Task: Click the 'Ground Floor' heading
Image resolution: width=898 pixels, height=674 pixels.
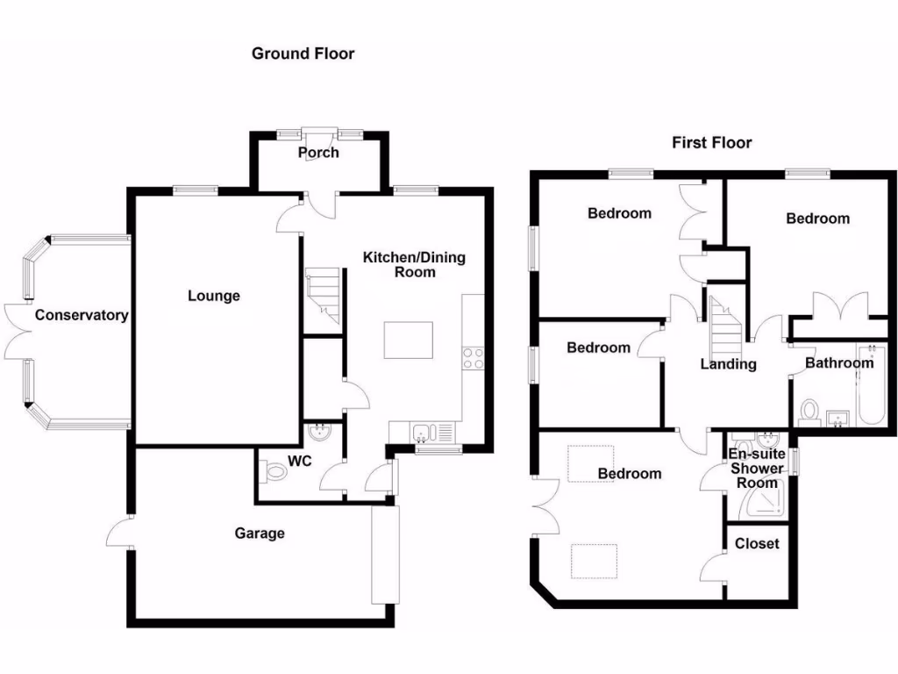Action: [x=303, y=54]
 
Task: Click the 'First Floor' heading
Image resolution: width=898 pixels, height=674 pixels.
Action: [x=711, y=142]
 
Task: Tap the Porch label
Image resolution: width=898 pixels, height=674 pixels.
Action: [x=318, y=153]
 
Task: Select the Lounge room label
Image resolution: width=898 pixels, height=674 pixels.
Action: [x=214, y=296]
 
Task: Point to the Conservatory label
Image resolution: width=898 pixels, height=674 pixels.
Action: [x=82, y=315]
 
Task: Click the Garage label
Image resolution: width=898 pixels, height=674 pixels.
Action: [x=260, y=533]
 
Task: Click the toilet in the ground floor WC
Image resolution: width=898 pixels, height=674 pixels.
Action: [x=274, y=472]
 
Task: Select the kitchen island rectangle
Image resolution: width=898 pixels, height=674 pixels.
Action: [x=408, y=340]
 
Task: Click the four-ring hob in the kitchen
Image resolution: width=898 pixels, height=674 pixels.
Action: [x=473, y=358]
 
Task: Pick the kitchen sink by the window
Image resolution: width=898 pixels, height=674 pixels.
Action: [x=421, y=432]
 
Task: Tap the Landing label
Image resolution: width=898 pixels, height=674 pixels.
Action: [x=728, y=364]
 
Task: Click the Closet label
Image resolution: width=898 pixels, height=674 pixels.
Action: [x=757, y=543]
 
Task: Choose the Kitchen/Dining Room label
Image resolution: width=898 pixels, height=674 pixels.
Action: [x=414, y=264]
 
